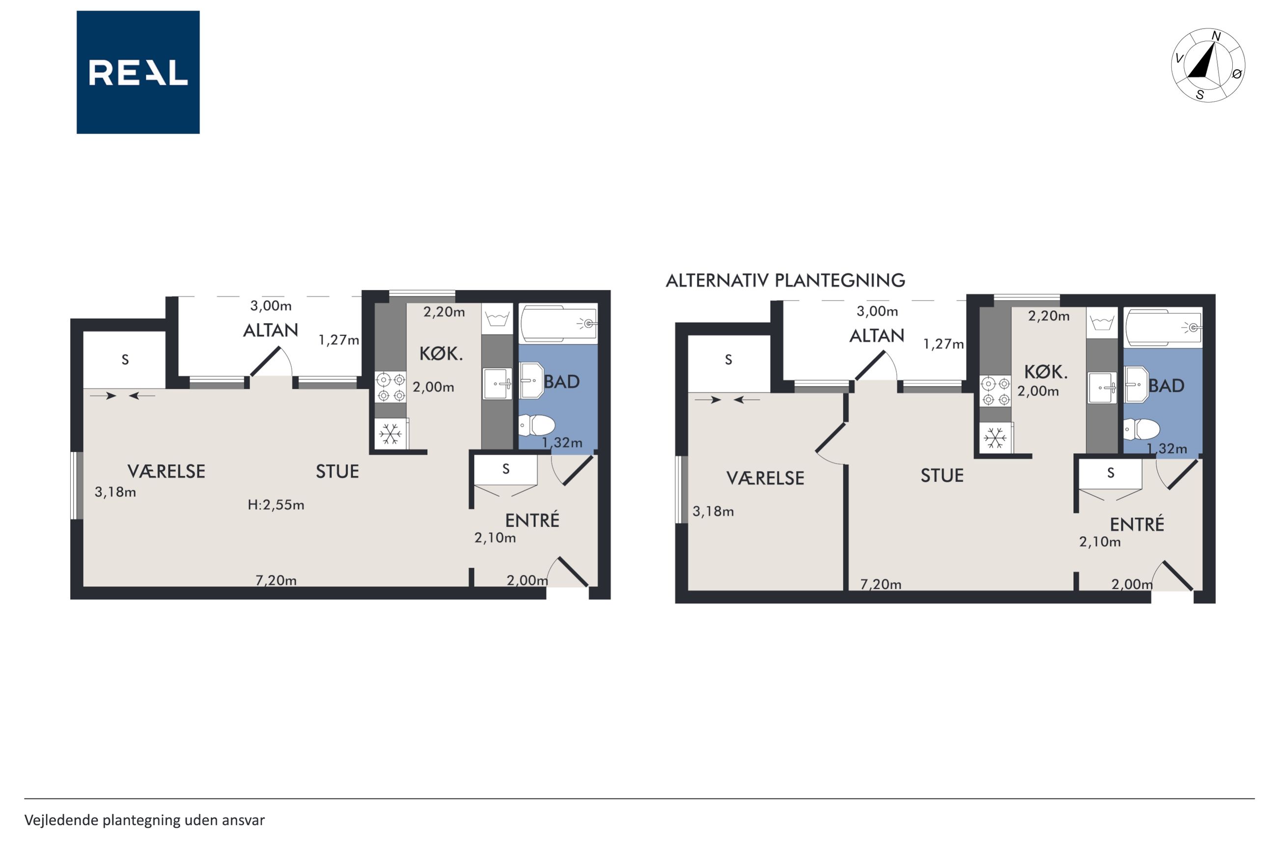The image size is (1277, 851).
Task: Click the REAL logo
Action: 138,72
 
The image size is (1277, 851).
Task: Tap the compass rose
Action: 1208,65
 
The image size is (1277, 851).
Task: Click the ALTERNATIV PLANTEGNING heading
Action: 785,280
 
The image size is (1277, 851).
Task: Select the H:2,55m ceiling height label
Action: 276,505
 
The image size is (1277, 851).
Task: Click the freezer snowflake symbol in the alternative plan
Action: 995,438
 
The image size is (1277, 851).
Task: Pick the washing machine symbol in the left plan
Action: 497,319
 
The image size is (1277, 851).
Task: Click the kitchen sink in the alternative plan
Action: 1102,387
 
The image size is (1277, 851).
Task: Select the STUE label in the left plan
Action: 337,471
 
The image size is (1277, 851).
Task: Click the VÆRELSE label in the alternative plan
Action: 765,478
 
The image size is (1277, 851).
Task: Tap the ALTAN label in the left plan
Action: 270,330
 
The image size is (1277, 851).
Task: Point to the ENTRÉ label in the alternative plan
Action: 1137,524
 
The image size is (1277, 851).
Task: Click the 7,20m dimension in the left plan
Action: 276,580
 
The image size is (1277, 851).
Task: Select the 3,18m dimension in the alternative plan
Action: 713,511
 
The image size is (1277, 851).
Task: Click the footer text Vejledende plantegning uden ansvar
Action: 144,820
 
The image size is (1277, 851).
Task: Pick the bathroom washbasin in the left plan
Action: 532,381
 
